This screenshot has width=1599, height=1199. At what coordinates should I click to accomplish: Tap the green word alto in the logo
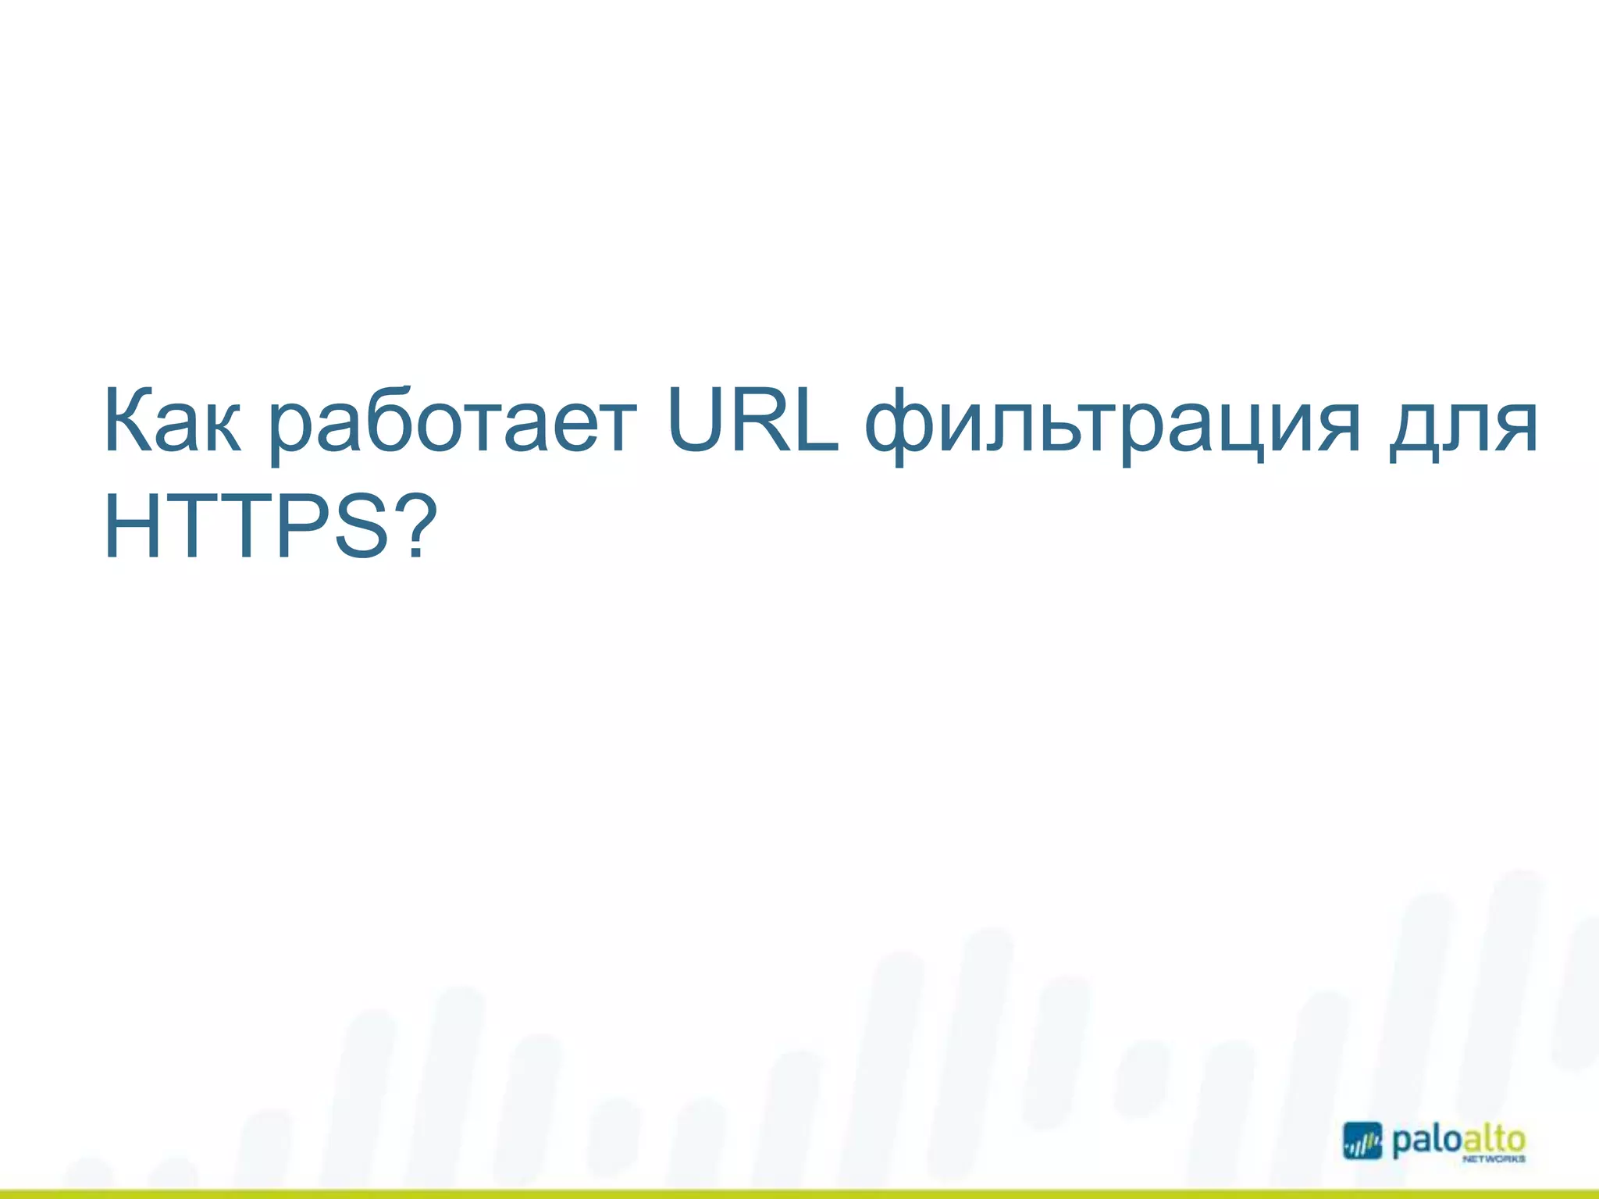pyautogui.click(x=1493, y=1140)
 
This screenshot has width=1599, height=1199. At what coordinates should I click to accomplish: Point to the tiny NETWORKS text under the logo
pyautogui.click(x=1494, y=1161)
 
